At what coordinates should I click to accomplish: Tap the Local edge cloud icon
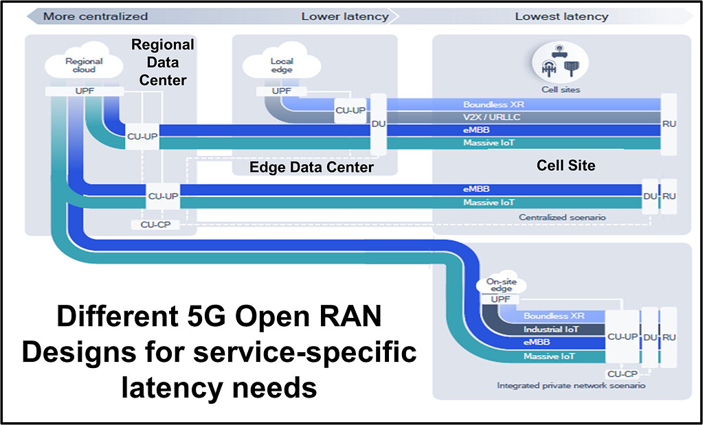(281, 66)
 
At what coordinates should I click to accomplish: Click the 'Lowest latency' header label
(561, 16)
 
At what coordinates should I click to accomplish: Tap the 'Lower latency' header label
(344, 16)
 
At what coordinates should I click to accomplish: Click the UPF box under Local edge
(281, 91)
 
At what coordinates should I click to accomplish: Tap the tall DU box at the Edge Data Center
(378, 124)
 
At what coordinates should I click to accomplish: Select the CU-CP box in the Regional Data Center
(155, 225)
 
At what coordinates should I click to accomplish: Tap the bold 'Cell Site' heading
(566, 166)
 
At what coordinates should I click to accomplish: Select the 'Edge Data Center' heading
(311, 167)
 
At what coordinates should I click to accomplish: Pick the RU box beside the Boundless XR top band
(669, 124)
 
